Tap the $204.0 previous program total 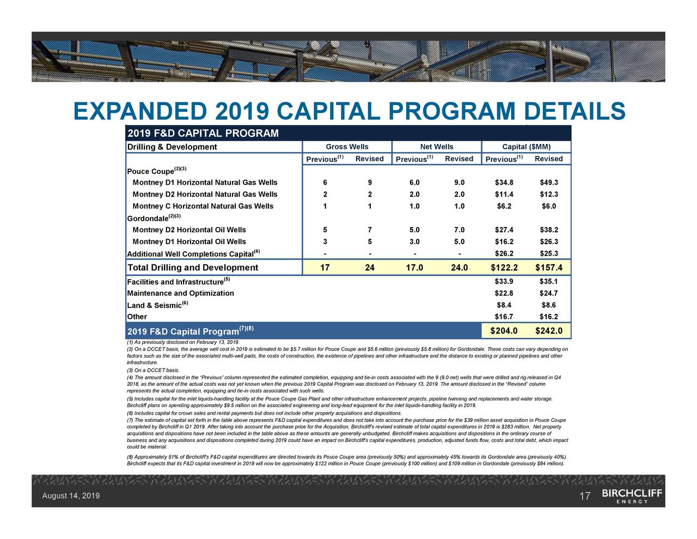coord(504,331)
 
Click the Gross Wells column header coord(347,147)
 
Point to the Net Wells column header coord(436,147)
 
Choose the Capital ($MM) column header coord(526,147)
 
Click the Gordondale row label coord(147,218)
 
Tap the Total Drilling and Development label coord(192,268)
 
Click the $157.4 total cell coord(548,268)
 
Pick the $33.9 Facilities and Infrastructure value coord(504,282)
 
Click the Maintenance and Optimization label coord(180,293)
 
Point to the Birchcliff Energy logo coord(632,496)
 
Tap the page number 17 coord(585,496)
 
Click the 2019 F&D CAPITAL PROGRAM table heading coord(203,134)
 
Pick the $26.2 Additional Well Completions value coord(504,253)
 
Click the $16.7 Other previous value coord(504,317)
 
